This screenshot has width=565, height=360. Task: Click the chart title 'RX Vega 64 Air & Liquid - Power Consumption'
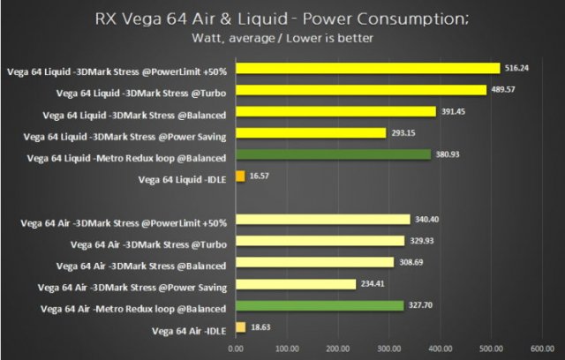pos(282,19)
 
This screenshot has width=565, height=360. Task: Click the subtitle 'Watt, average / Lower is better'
pos(282,37)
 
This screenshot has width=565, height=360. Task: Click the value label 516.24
pos(516,68)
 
